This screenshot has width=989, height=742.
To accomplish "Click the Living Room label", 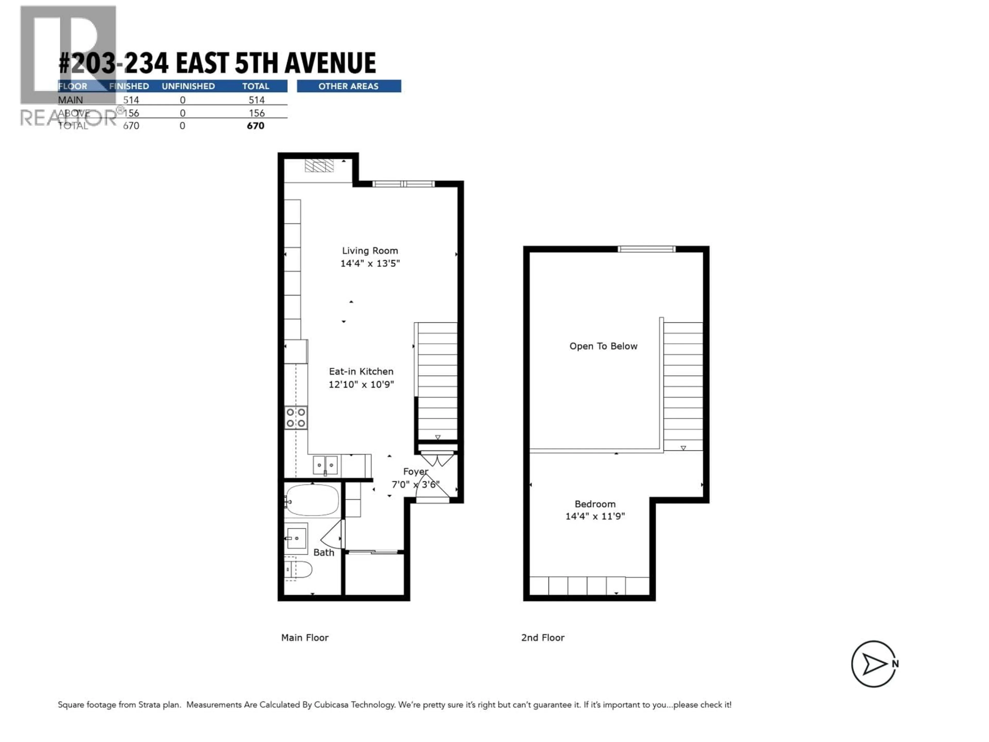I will pos(370,251).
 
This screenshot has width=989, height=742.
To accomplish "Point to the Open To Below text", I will pos(603,346).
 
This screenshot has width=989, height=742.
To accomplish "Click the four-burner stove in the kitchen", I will pos(296,417).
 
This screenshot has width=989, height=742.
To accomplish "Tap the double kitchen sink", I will pos(325,465).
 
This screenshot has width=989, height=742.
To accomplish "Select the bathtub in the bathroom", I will pos(312,500).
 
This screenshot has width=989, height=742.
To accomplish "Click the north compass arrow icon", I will pos(874,664).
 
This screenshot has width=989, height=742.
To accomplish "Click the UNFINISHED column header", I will pos(188,86).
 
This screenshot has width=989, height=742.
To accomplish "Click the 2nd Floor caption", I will pos(542,638).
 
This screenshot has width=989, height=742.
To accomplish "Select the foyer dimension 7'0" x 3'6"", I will pos(415,484).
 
